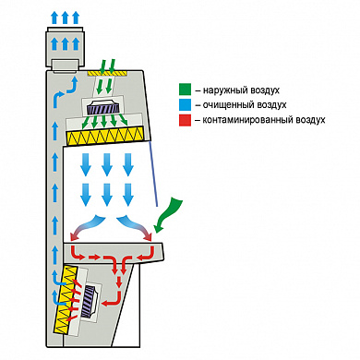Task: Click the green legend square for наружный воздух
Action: [185, 90]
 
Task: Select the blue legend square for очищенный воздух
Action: [185, 104]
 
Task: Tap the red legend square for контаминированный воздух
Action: [185, 119]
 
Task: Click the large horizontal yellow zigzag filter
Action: [105, 136]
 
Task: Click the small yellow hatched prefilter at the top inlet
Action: [107, 73]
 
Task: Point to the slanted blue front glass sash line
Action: [154, 173]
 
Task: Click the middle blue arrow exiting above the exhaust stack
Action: [65, 18]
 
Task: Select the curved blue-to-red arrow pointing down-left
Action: [88, 228]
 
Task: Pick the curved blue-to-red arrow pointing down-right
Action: [135, 228]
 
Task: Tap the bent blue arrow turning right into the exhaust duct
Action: [65, 92]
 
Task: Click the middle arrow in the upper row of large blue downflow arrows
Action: [107, 164]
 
